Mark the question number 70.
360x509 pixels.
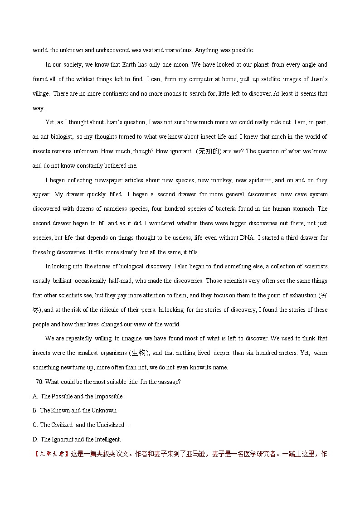[x=39, y=382]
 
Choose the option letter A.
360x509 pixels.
[x=35, y=397]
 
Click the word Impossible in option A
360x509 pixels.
[x=109, y=397]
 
